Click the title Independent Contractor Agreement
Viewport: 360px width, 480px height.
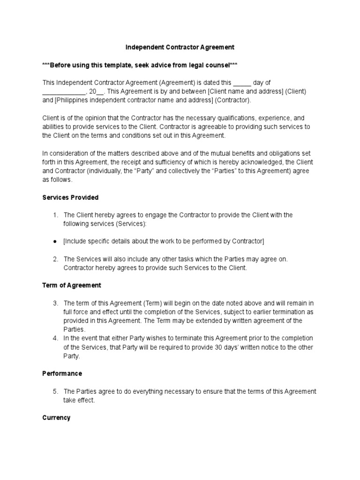click(x=180, y=47)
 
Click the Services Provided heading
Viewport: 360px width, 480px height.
click(x=70, y=197)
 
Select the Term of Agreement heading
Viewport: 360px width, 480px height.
click(x=72, y=285)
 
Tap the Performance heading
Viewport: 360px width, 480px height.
click(x=62, y=374)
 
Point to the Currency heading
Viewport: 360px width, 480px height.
click(x=56, y=417)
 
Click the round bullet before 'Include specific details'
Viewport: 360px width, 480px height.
click(x=55, y=241)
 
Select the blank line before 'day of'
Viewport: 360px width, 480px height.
click(x=242, y=82)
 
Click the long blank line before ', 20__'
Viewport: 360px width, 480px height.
click(x=64, y=91)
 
